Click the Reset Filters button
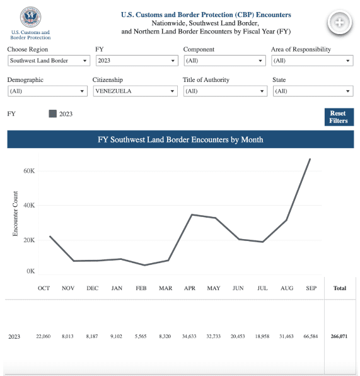point(339,117)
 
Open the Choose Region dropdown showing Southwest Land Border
point(49,61)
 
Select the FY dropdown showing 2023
point(137,61)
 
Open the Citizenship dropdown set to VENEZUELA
point(135,91)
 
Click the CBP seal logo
point(30,17)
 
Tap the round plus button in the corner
point(339,23)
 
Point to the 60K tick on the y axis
point(29,171)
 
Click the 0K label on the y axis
point(30,271)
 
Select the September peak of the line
point(310,159)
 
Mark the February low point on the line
point(144,265)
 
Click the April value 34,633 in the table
point(189,336)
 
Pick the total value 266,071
point(339,336)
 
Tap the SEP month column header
point(311,288)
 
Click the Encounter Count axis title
point(15,213)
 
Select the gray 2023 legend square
point(53,114)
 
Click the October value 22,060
point(44,336)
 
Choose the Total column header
point(340,288)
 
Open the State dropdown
point(313,91)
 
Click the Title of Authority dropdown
point(225,91)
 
